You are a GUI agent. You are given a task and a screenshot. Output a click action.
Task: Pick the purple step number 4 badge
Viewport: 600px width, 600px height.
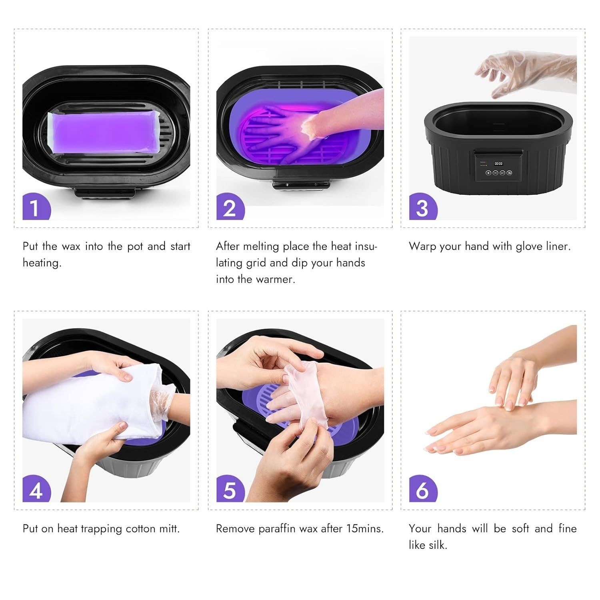36,490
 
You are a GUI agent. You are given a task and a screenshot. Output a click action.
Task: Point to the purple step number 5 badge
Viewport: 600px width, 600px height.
230,490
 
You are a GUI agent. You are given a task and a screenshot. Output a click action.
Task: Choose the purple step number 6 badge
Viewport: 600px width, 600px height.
422,490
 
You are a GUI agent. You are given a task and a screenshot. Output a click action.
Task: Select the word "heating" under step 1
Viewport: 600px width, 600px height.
42,263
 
